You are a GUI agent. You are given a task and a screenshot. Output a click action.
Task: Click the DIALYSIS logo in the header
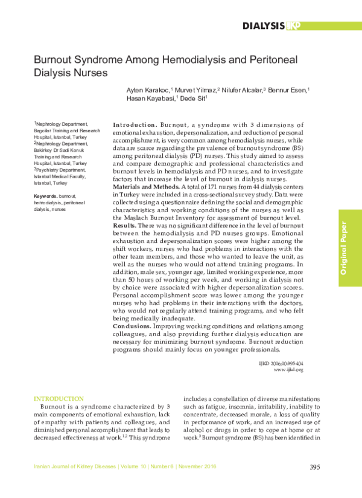point(271,25)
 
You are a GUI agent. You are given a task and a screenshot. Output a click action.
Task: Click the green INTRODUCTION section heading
point(59,399)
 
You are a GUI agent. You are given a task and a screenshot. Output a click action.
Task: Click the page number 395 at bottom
point(314,467)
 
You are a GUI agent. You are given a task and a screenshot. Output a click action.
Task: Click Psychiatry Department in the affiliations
point(57,170)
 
